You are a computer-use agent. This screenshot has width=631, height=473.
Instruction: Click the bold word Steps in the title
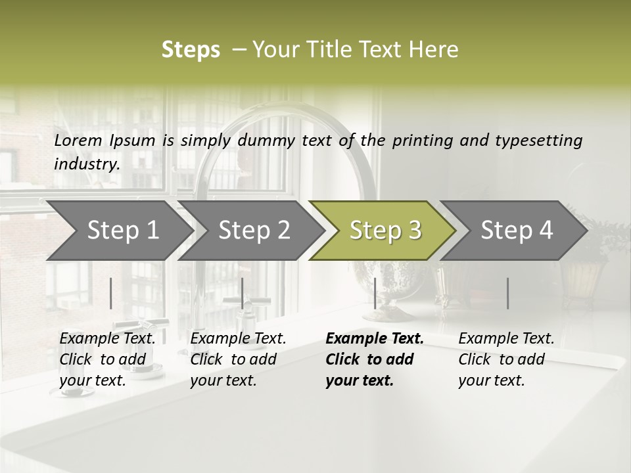pos(191,50)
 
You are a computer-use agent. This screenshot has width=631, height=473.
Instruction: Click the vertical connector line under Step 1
pos(111,293)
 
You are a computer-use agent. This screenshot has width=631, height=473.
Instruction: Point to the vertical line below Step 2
pos(243,293)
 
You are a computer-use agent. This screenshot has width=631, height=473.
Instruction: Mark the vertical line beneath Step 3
pos(375,293)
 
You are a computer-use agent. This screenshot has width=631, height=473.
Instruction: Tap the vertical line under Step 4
pos(508,293)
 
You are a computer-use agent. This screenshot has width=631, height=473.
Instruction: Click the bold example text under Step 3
pos(375,359)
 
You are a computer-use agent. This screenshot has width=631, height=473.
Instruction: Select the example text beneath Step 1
pos(108,359)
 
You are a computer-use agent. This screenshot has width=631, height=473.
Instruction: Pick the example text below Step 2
pos(238,359)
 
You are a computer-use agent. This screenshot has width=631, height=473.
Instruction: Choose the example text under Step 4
pos(506,359)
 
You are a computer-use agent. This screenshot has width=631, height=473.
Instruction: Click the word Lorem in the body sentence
pos(78,140)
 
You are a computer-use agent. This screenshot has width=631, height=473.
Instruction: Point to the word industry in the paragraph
pos(87,164)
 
